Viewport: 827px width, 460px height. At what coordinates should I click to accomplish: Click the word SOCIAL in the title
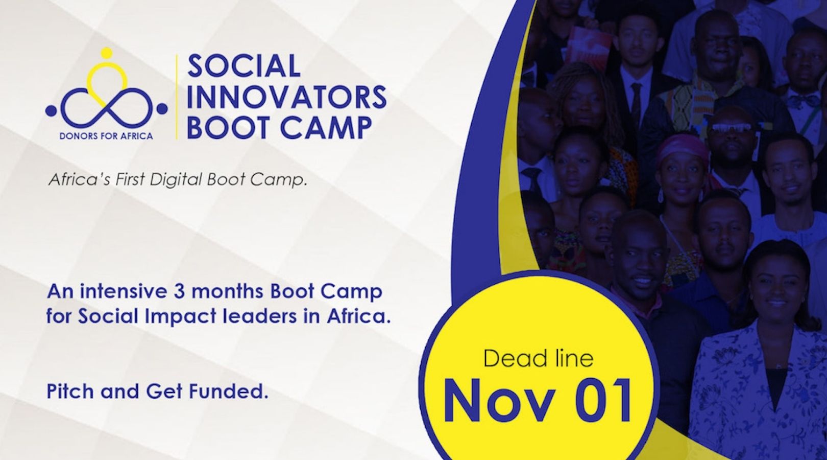[244, 66]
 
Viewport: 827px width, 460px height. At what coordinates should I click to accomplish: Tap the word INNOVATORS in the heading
[287, 97]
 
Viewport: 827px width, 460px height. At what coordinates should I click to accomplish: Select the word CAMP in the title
[326, 128]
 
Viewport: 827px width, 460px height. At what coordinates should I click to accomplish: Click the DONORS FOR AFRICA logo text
[106, 136]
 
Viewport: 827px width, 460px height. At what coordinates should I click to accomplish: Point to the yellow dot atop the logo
[106, 53]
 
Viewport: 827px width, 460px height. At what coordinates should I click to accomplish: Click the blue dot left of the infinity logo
[51, 110]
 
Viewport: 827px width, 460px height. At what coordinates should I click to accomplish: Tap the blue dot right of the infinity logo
[162, 109]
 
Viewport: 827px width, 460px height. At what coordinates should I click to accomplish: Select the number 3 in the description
[179, 291]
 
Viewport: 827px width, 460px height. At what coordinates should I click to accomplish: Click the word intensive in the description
[124, 291]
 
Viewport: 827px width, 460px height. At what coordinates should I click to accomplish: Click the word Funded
[229, 391]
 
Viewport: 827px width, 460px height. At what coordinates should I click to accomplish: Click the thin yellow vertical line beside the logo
[177, 97]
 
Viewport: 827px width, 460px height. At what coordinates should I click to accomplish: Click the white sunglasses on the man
[732, 128]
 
